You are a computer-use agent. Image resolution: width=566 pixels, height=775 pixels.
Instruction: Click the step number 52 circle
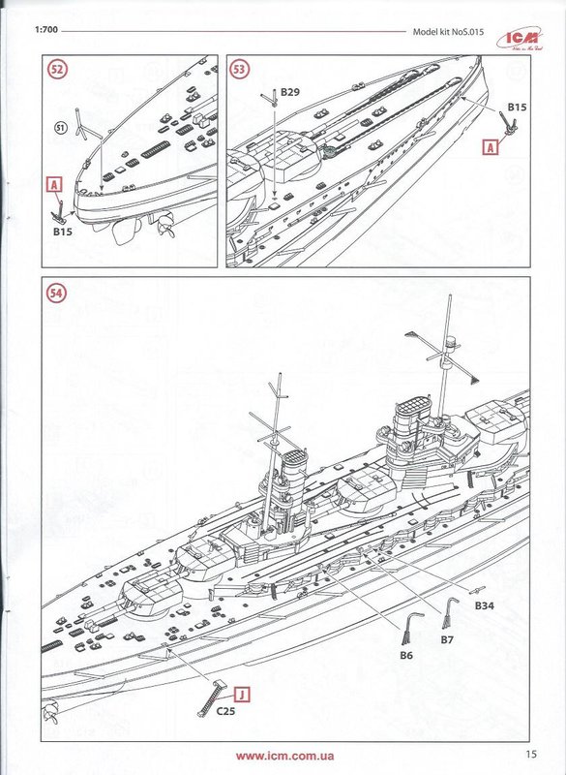pyautogui.click(x=57, y=69)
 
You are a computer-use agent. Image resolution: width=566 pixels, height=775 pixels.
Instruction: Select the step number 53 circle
pyautogui.click(x=239, y=69)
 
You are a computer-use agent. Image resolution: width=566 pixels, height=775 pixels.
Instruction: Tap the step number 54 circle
pyautogui.click(x=56, y=294)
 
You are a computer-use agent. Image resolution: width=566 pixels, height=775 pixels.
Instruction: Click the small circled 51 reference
pyautogui.click(x=60, y=129)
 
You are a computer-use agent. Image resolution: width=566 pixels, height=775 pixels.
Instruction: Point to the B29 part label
pyautogui.click(x=290, y=92)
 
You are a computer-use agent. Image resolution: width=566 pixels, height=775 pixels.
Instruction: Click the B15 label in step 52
pyautogui.click(x=63, y=231)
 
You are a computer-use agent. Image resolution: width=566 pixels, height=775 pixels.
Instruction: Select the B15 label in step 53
pyautogui.click(x=518, y=107)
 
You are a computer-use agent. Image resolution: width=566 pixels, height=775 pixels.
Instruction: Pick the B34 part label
pyautogui.click(x=485, y=605)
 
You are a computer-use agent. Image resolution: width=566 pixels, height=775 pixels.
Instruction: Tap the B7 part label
pyautogui.click(x=447, y=639)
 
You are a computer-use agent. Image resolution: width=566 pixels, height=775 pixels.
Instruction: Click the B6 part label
pyautogui.click(x=406, y=656)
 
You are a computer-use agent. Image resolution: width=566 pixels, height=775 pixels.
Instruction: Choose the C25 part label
pyautogui.click(x=225, y=711)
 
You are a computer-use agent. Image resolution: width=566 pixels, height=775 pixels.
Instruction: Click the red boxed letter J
pyautogui.click(x=242, y=695)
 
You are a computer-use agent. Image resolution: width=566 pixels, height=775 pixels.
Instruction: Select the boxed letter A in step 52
pyautogui.click(x=55, y=185)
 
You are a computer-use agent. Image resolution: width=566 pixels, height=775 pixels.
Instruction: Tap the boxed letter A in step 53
pyautogui.click(x=491, y=147)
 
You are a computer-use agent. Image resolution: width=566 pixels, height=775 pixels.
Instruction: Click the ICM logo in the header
pyautogui.click(x=520, y=39)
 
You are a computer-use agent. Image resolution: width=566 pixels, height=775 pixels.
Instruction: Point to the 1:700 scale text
pyautogui.click(x=46, y=30)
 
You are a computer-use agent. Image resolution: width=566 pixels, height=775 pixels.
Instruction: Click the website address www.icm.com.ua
pyautogui.click(x=284, y=756)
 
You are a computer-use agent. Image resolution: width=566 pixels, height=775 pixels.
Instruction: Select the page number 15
pyautogui.click(x=531, y=755)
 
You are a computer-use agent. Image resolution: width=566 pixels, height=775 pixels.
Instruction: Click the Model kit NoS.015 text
pyautogui.click(x=448, y=32)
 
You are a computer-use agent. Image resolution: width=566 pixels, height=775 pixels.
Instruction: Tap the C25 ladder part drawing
pyautogui.click(x=211, y=697)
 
